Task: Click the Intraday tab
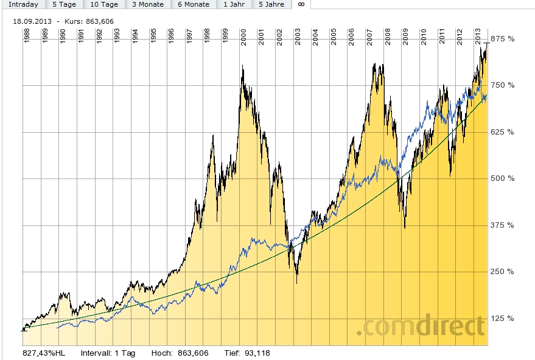[23, 4]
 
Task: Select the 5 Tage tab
[64, 4]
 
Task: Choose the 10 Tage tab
[103, 4]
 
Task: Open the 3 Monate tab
[147, 4]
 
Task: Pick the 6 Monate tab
[193, 4]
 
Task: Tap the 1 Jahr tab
[234, 4]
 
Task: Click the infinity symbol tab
[301, 4]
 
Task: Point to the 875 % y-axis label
[503, 39]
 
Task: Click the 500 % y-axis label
[503, 178]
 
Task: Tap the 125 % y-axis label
[503, 319]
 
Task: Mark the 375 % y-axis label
[503, 225]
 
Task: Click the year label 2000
[243, 36]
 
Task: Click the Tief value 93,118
[256, 353]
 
